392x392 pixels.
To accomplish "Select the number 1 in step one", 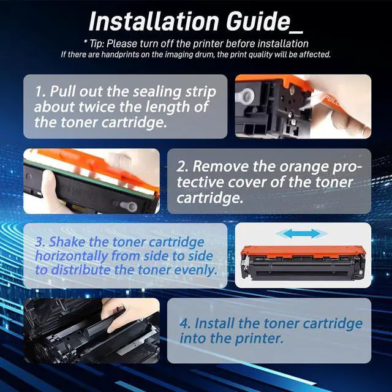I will [39, 92].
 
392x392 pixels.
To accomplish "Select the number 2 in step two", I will [183, 166].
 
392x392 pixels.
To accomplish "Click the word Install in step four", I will [219, 323].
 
